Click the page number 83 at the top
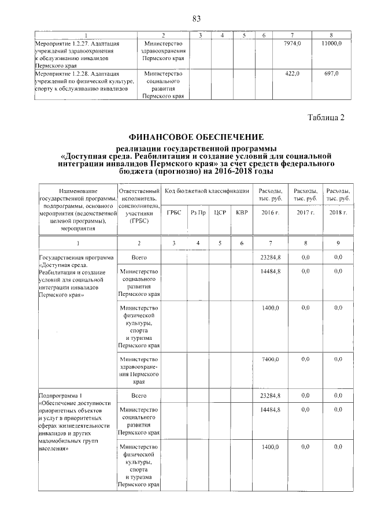click(196, 19)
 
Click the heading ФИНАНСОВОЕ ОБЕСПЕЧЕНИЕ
click(196, 137)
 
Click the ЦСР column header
click(220, 213)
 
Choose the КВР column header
click(242, 213)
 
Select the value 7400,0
click(271, 359)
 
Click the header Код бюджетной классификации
click(207, 191)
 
